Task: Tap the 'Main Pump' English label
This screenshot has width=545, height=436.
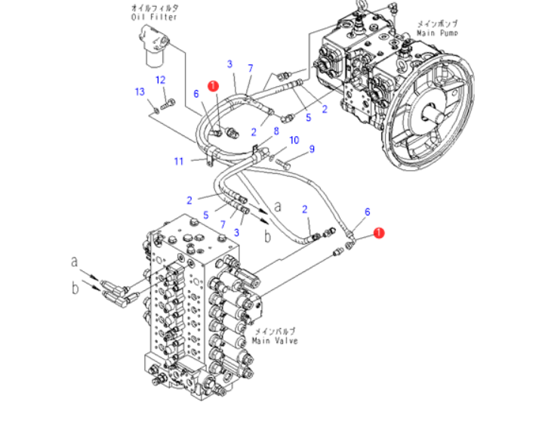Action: [x=437, y=33]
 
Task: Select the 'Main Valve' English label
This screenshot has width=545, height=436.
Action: [x=276, y=341]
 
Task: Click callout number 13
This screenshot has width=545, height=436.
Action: [x=140, y=92]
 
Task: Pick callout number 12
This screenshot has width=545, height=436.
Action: [x=161, y=79]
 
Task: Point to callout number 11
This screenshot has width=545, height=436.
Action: [x=179, y=161]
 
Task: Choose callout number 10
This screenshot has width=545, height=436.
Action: [x=294, y=140]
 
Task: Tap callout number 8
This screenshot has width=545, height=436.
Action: [x=276, y=131]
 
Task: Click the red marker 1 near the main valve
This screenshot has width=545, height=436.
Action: [x=379, y=234]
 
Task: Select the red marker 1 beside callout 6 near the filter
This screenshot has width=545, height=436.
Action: [x=214, y=87]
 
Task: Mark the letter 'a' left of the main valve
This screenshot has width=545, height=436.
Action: [x=75, y=261]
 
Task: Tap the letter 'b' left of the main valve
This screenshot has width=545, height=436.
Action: [x=75, y=287]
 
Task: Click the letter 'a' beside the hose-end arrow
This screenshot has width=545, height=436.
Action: [x=278, y=205]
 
